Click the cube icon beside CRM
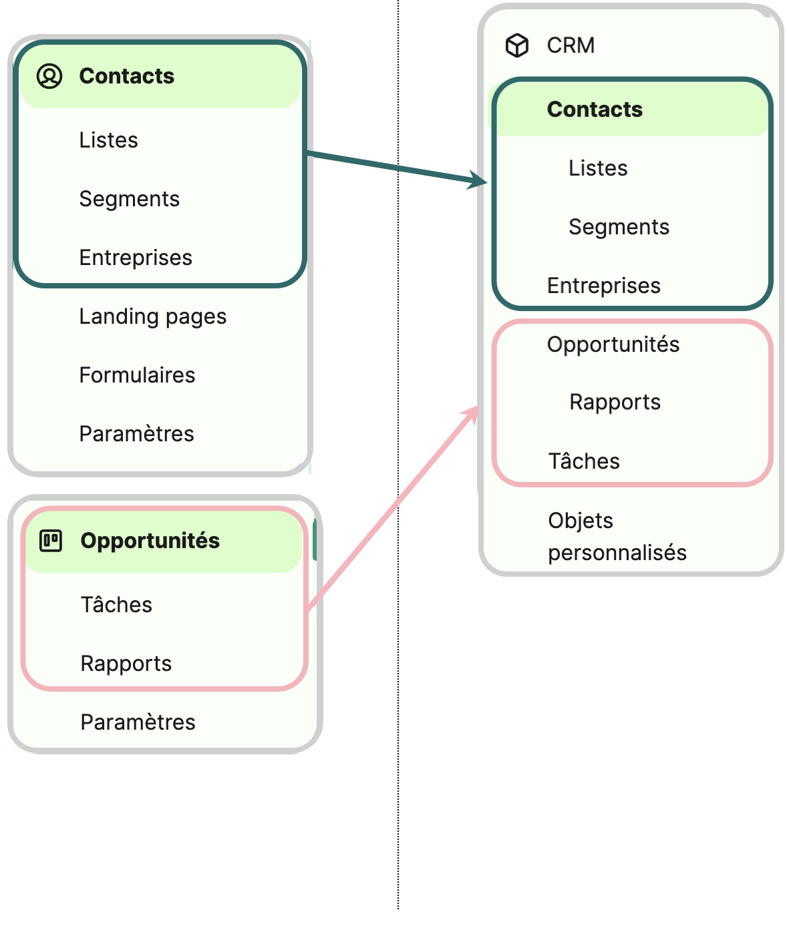point(517,45)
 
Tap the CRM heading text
point(571,45)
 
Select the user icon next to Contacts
point(49,76)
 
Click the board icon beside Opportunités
point(51,540)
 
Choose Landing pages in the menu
point(152,316)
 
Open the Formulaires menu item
point(137,375)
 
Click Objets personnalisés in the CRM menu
point(617,537)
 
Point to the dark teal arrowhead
point(480,180)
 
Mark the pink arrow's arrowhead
point(472,414)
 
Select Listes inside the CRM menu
point(598,168)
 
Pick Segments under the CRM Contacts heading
point(619,227)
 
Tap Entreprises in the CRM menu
point(603,286)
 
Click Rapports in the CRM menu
point(615,402)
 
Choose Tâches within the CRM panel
point(584,461)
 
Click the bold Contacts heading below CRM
point(595,109)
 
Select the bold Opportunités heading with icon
point(150,541)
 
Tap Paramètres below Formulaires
point(136,434)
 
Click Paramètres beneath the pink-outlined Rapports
point(138,722)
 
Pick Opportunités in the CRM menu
point(613,344)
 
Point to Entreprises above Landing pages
point(136,258)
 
